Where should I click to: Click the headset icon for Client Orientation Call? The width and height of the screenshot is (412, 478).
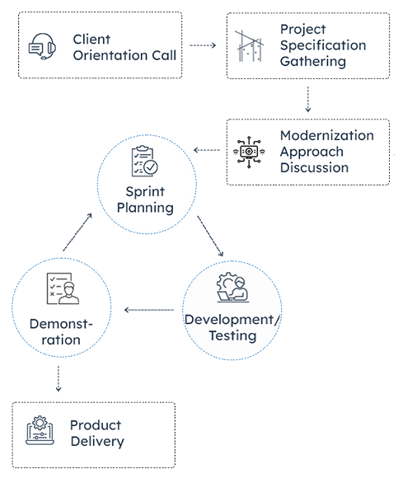coord(42,46)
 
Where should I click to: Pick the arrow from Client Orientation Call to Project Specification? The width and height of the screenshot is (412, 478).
coord(203,45)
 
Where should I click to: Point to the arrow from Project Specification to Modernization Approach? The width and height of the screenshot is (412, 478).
coord(307,98)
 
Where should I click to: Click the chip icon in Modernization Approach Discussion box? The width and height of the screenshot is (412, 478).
coord(248,152)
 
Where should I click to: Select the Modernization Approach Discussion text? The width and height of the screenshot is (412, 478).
coord(325,152)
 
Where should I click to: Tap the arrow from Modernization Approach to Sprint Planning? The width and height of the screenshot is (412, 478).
coord(207,151)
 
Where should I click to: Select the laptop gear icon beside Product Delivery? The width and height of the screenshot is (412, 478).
coord(41,432)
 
